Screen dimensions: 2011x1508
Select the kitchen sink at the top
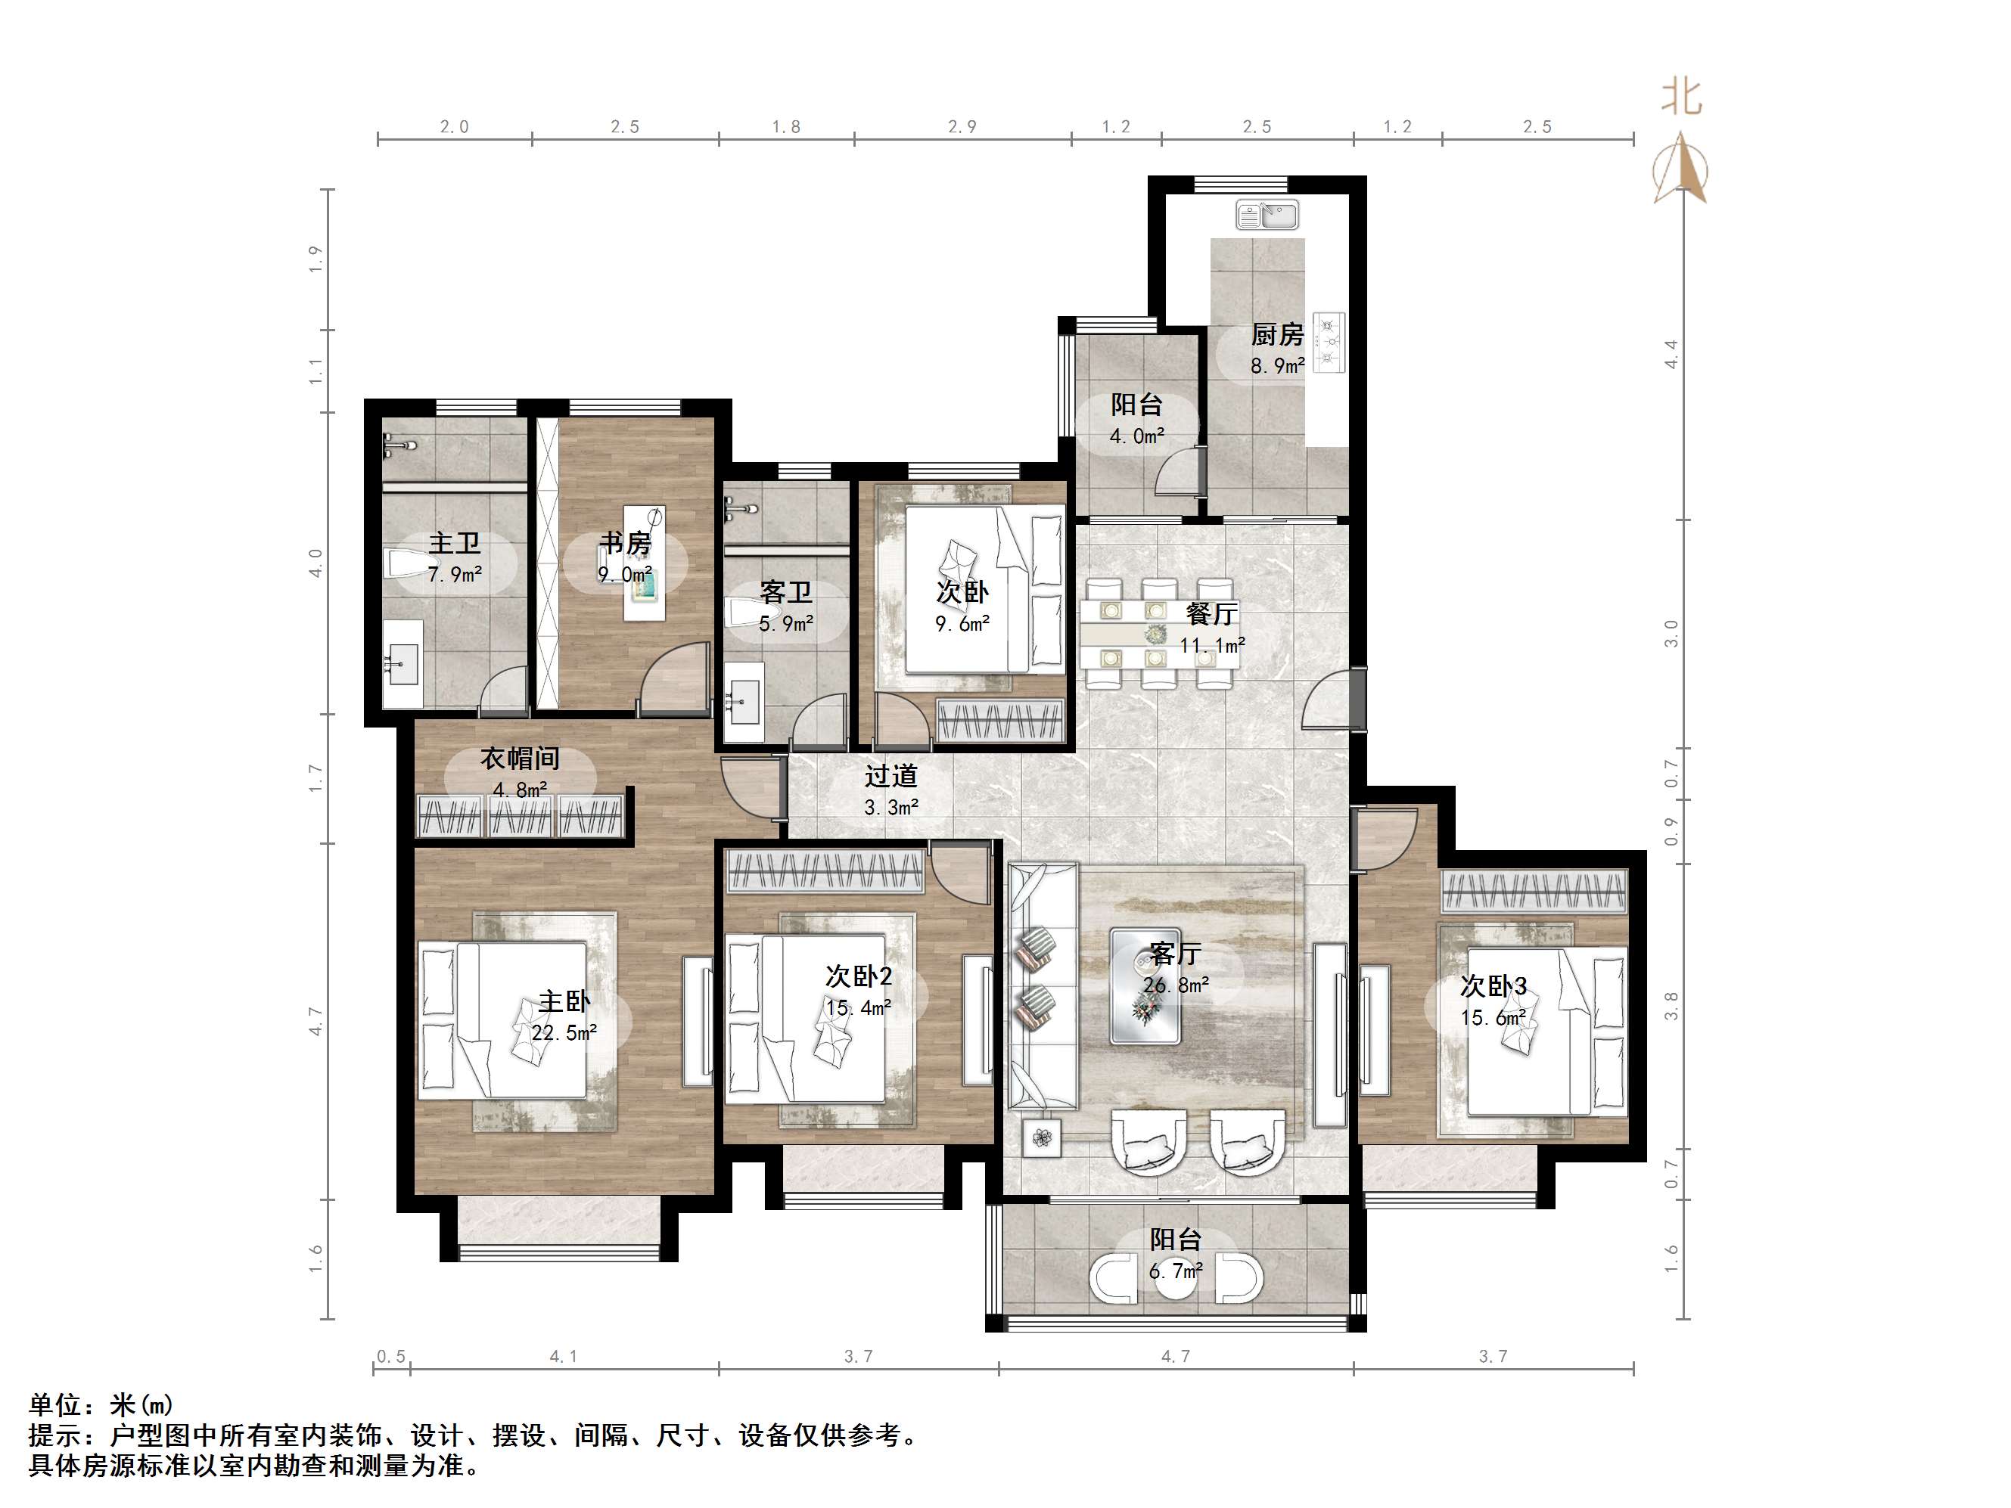pyautogui.click(x=1267, y=216)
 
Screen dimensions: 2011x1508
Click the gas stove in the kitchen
pyautogui.click(x=1329, y=343)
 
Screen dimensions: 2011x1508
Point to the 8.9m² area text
pyautogui.click(x=1277, y=366)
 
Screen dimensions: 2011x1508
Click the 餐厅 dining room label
pyautogui.click(x=1211, y=615)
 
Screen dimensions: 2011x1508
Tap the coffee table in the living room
pyautogui.click(x=1145, y=985)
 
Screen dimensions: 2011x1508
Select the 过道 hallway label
pyautogui.click(x=891, y=776)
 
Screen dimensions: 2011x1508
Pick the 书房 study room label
pyautogui.click(x=626, y=544)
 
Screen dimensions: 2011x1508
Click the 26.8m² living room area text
pyautogui.click(x=1176, y=985)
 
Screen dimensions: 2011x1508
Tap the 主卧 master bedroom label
pyautogui.click(x=564, y=1002)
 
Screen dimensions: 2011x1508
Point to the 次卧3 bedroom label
pyautogui.click(x=1493, y=986)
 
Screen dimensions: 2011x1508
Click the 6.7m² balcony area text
pyautogui.click(x=1176, y=1271)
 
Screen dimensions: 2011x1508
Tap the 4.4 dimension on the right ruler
pyautogui.click(x=1671, y=354)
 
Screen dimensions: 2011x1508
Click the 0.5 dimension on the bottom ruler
pyautogui.click(x=391, y=1357)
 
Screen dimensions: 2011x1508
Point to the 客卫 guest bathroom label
pyautogui.click(x=786, y=593)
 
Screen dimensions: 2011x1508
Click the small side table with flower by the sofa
pyautogui.click(x=1042, y=1137)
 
